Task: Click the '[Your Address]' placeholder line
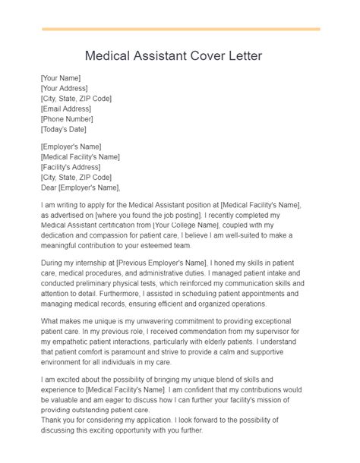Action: tap(62, 88)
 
